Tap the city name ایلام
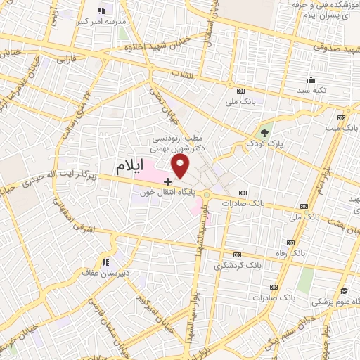(138, 167)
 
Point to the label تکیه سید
(311, 91)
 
